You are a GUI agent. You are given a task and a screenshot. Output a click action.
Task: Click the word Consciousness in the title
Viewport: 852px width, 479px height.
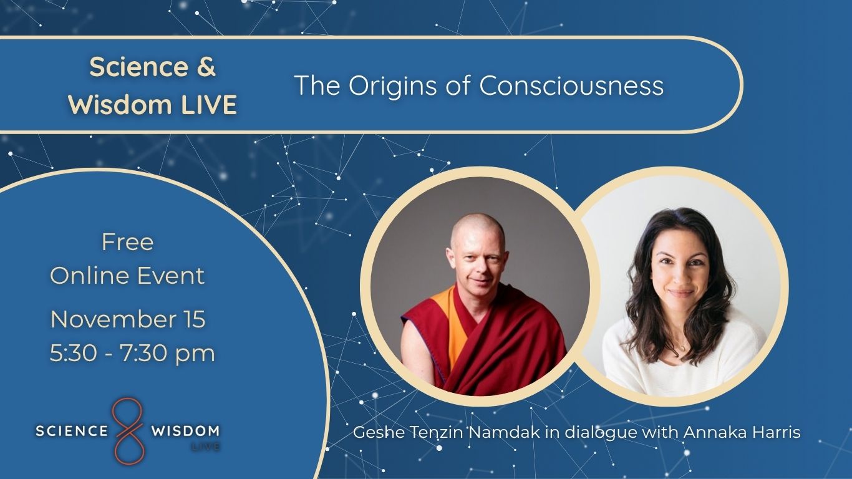pos(571,85)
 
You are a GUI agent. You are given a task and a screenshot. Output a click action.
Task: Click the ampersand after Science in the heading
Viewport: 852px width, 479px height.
pos(206,67)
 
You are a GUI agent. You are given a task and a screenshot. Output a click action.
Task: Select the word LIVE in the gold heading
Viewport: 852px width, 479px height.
pos(209,104)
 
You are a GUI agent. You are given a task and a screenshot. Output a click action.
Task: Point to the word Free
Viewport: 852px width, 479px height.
pos(127,242)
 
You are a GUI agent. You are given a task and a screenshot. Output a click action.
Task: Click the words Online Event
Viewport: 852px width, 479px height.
pos(127,276)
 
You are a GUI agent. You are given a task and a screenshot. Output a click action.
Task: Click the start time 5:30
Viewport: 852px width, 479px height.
pos(73,352)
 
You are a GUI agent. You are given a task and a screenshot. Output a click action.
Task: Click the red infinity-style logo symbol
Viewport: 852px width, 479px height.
pos(128,431)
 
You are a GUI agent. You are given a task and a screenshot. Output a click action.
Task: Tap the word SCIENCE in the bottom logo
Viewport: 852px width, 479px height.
pos(72,431)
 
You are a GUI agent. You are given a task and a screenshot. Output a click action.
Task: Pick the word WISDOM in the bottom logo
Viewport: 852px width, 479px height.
pos(185,431)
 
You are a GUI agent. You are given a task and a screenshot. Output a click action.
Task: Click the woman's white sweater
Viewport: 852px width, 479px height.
pos(681,357)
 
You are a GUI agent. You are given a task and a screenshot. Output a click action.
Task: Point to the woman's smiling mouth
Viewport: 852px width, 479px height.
pos(681,293)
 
